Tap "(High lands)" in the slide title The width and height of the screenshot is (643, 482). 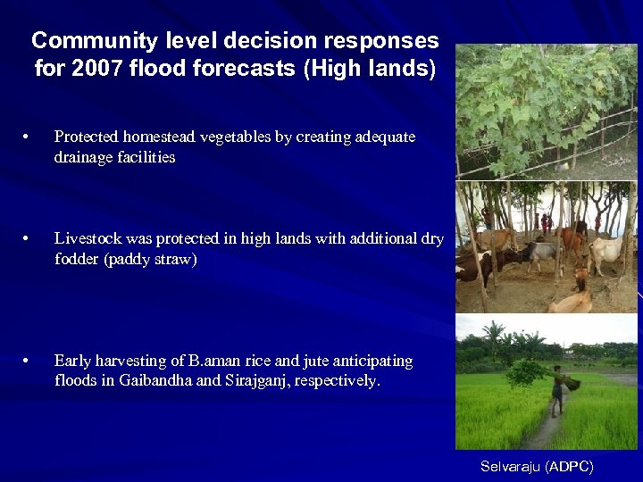tap(370, 69)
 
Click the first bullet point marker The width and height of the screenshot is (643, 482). tap(29, 137)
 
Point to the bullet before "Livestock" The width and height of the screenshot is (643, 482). tap(29, 239)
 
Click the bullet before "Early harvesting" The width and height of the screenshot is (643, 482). tap(29, 361)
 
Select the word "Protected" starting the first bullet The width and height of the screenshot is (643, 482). tap(88, 137)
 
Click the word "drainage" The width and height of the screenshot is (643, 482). tap(83, 158)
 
